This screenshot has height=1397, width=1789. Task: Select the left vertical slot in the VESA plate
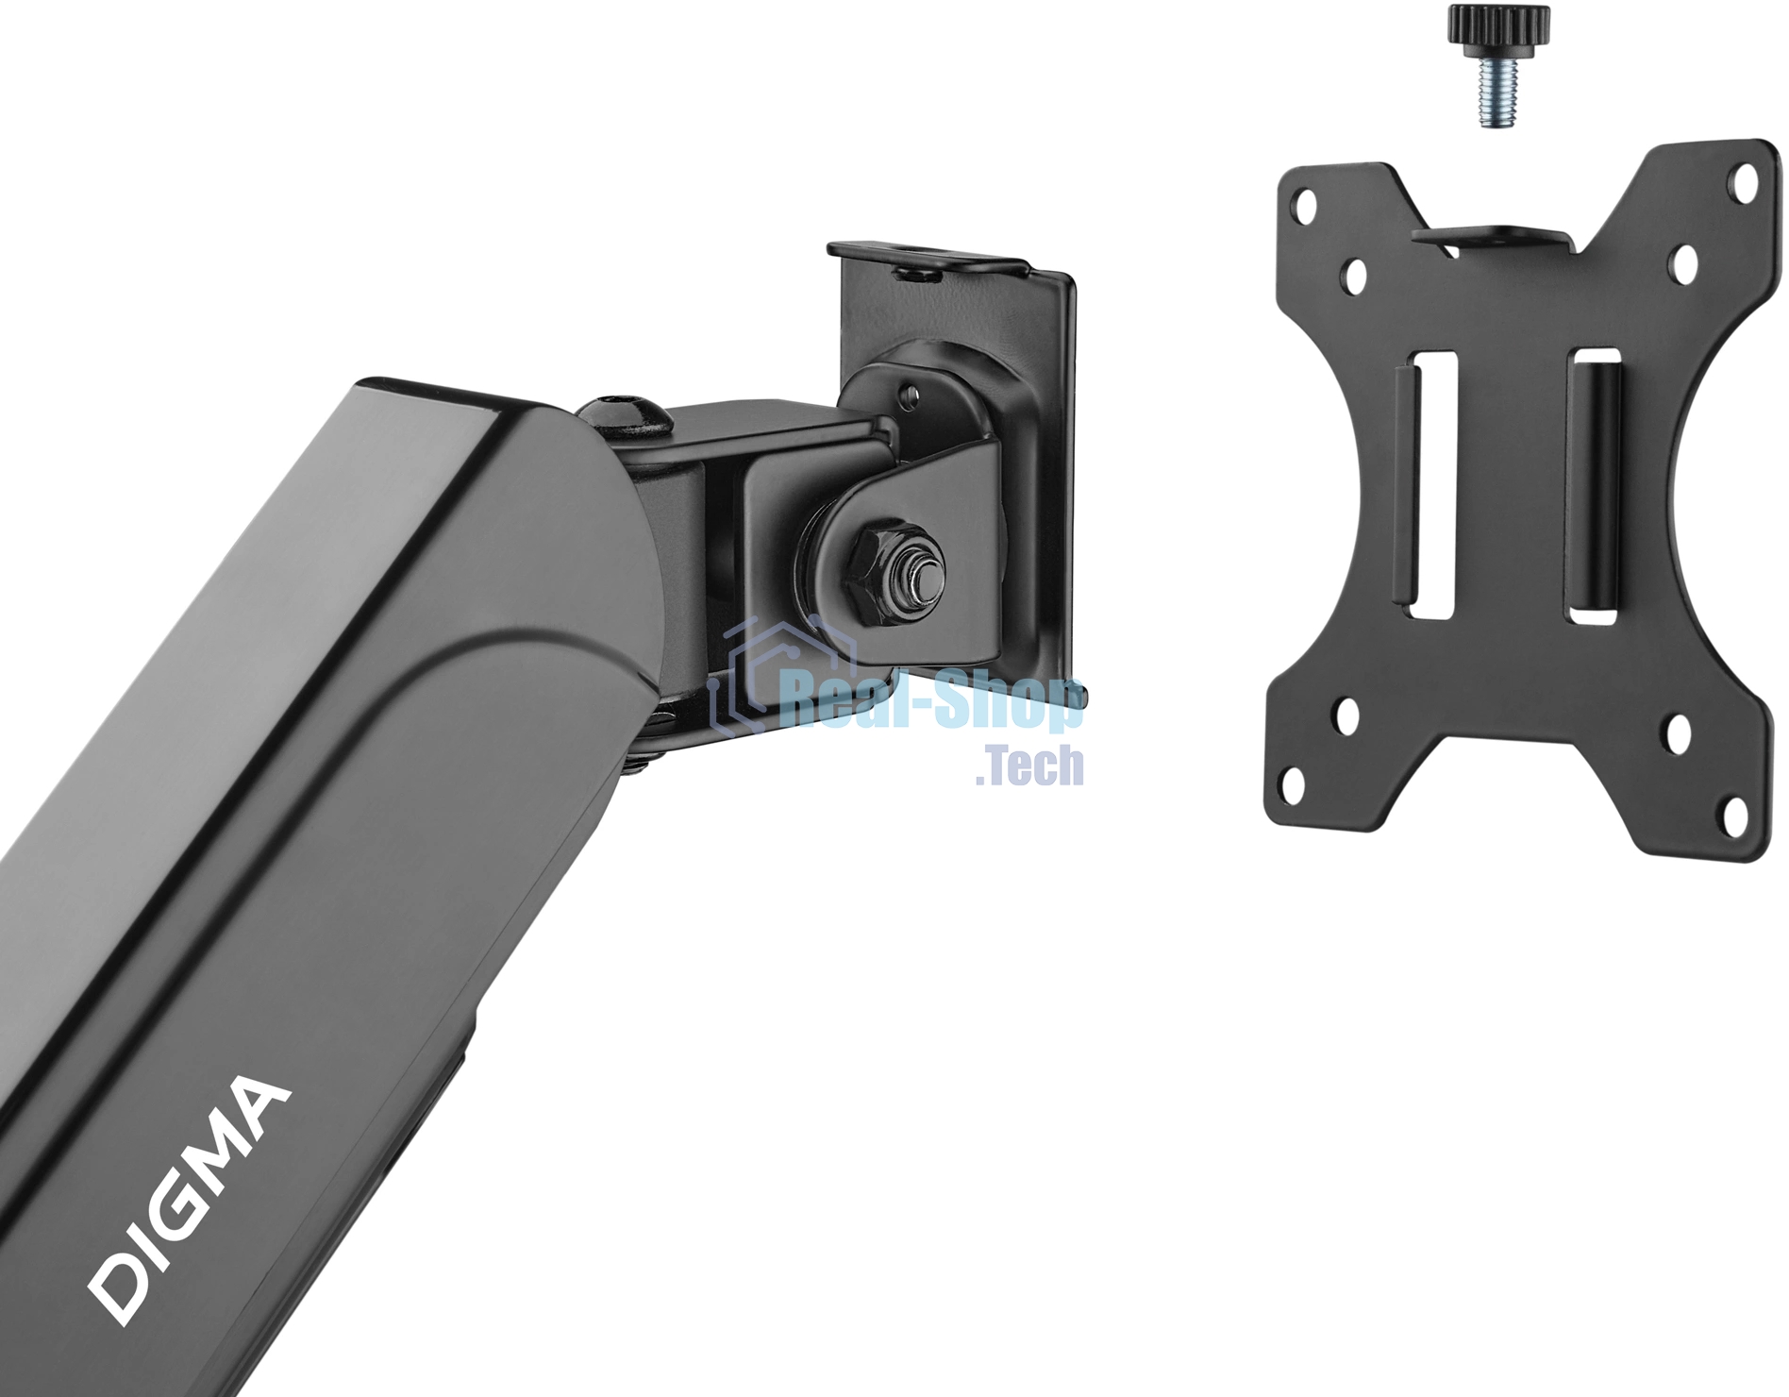1433,485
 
